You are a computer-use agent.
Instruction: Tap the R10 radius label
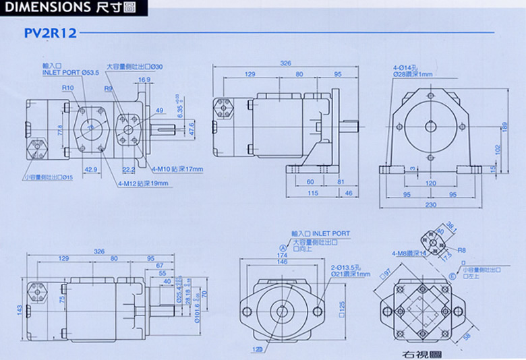pos(67,88)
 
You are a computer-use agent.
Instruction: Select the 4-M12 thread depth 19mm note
pos(142,182)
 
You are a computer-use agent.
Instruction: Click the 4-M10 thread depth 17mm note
pos(177,169)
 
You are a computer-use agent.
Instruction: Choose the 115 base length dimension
pos(312,193)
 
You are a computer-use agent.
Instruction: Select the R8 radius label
pos(463,250)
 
